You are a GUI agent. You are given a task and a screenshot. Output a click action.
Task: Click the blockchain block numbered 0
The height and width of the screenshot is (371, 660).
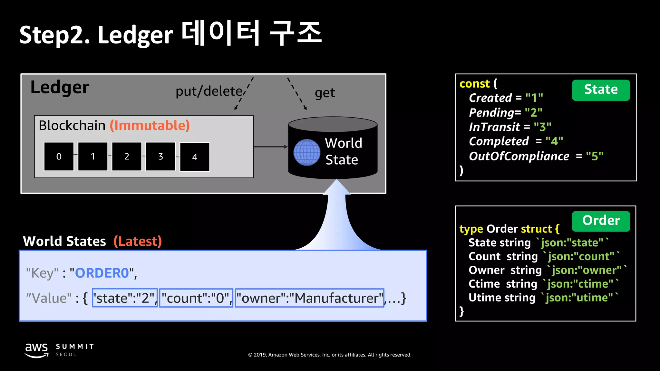click(59, 157)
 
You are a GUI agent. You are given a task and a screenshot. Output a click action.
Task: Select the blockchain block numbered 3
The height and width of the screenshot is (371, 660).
click(160, 157)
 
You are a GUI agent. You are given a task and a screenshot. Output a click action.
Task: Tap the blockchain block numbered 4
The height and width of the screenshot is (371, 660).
click(195, 157)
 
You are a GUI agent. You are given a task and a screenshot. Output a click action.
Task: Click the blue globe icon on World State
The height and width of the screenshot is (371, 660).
click(307, 152)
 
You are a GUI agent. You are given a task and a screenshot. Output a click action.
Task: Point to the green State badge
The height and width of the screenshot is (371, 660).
click(601, 90)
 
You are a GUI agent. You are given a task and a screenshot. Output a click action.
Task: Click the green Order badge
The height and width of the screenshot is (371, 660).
click(601, 221)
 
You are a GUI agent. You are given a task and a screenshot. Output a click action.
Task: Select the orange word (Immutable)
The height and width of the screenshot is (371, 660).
click(150, 125)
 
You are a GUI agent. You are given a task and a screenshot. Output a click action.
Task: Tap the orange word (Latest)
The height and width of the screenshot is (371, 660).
click(138, 241)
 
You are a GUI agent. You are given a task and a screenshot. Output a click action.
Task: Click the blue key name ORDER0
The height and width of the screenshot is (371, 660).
click(102, 273)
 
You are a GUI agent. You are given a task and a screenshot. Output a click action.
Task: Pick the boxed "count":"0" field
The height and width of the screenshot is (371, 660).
click(196, 298)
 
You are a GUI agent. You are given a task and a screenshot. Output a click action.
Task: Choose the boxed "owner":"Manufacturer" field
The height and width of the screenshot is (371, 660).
click(309, 298)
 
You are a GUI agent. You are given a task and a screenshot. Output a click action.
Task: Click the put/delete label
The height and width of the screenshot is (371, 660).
click(209, 91)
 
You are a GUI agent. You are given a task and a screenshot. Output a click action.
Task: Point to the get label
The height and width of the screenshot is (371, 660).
click(325, 93)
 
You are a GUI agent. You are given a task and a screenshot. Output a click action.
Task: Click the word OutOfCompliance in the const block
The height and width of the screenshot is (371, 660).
click(519, 156)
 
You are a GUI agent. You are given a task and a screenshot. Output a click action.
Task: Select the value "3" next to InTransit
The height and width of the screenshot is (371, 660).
click(542, 127)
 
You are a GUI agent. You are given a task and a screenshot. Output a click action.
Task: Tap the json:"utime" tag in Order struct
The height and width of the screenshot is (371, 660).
click(579, 298)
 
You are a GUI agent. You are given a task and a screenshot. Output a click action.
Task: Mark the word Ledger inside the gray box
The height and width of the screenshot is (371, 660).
click(60, 87)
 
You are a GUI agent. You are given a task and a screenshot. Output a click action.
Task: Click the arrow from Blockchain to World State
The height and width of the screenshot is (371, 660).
click(270, 147)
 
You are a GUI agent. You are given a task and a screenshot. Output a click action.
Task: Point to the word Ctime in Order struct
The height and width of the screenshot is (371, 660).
click(484, 284)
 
